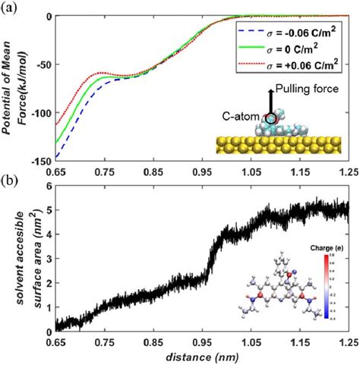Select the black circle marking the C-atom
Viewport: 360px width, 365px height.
pos(271,118)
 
